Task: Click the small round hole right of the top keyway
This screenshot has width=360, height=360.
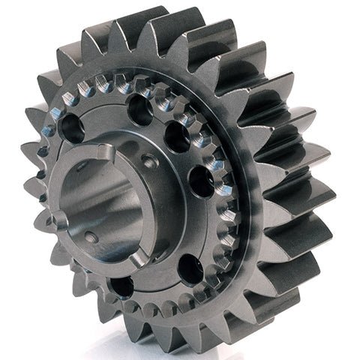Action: coord(149,160)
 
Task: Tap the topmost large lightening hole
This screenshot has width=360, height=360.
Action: coord(140,111)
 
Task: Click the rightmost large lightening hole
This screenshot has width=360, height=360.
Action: coord(200,181)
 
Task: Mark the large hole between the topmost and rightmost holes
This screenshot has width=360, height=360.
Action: coord(177,136)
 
